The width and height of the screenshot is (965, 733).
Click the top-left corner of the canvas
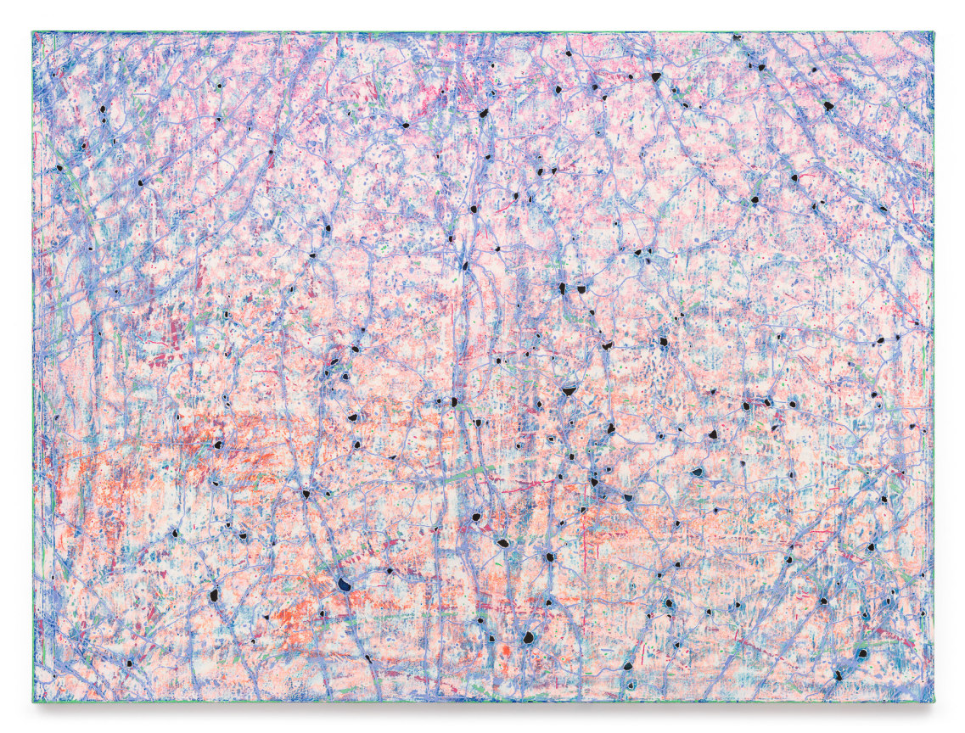(x=34, y=33)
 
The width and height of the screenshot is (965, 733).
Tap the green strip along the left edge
(x=34, y=365)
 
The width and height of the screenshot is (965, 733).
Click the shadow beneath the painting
(x=484, y=708)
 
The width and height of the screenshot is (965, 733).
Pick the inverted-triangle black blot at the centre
(x=569, y=390)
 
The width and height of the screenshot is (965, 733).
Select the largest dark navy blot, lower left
(x=344, y=584)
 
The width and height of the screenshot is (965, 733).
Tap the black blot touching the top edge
(x=737, y=37)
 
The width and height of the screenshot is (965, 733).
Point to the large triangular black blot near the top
(x=655, y=77)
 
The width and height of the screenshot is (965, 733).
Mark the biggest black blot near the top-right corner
(x=828, y=106)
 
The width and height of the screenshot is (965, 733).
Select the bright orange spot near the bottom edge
(x=506, y=651)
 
